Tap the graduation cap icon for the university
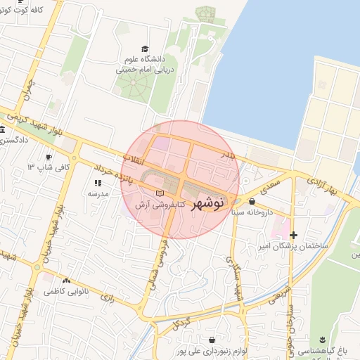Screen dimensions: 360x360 (145, 49)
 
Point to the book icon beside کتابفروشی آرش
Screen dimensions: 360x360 (160, 193)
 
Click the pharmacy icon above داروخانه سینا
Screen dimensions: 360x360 (252, 202)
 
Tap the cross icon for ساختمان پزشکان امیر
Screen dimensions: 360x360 (293, 235)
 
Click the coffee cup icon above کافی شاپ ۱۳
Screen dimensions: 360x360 (49, 157)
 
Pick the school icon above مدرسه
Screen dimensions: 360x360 (97, 183)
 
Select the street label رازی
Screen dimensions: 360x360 (106, 297)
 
